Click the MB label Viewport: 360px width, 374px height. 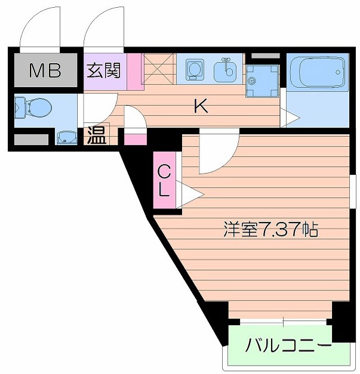click(45, 72)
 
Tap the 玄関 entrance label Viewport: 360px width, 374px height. click(104, 71)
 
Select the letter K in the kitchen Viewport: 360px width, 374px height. click(201, 107)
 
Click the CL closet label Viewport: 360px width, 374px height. click(165, 181)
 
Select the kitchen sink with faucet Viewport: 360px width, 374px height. click(227, 69)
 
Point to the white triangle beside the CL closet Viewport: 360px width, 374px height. click(189, 194)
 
